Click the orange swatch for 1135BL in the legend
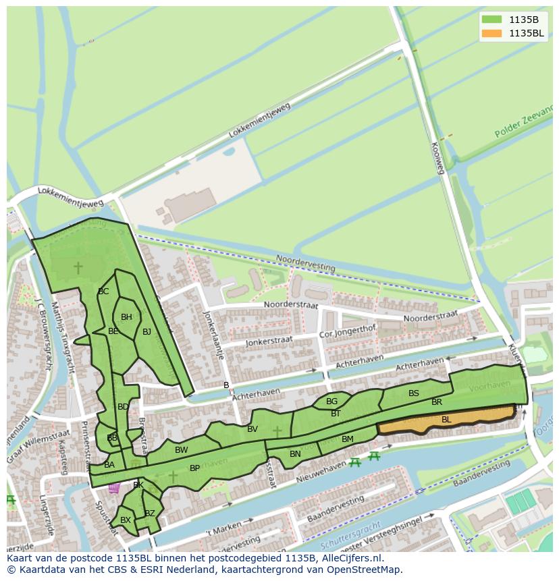(492, 33)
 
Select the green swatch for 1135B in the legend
(492, 19)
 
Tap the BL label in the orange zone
(446, 420)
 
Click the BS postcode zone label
(414, 393)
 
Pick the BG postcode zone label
(331, 402)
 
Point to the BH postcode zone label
(126, 317)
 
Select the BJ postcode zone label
(147, 331)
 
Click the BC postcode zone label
(103, 292)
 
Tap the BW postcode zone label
(181, 450)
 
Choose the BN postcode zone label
(295, 454)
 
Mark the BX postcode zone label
(125, 520)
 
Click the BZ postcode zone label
(150, 514)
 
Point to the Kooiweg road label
(437, 158)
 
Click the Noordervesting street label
(305, 262)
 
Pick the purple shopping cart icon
(114, 487)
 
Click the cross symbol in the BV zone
(277, 431)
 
